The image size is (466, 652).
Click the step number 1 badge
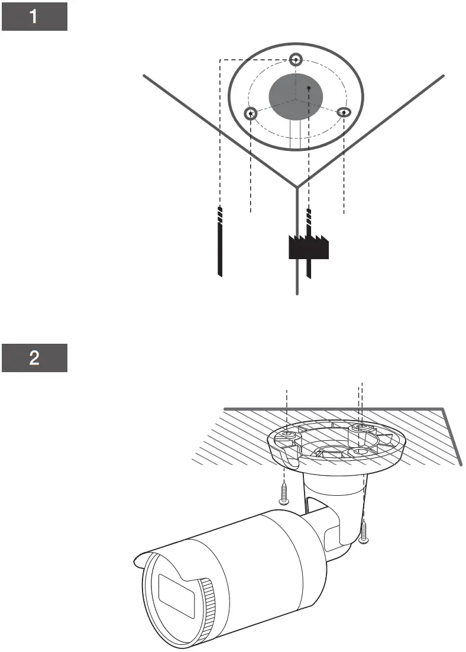click(x=34, y=17)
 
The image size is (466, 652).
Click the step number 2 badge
click(x=34, y=359)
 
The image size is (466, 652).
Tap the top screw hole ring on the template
click(x=296, y=59)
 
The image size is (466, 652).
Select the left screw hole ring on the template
click(x=251, y=113)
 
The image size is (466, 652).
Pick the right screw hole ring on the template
click(x=344, y=112)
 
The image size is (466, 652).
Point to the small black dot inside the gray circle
click(x=309, y=88)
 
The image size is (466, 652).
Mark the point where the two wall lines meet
click(x=297, y=186)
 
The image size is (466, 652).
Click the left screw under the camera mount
click(x=284, y=492)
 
